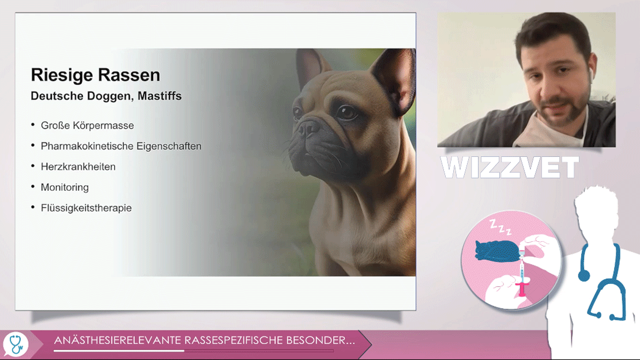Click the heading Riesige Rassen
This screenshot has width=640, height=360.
[x=96, y=75]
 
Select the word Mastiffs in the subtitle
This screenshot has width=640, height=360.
[x=160, y=96]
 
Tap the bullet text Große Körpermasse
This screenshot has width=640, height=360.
[x=87, y=125]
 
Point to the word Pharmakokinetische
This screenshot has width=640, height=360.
[x=87, y=147]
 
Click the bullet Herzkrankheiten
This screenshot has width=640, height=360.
[x=78, y=167]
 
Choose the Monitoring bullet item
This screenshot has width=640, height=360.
[x=65, y=187]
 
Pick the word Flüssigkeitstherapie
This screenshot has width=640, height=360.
[x=86, y=208]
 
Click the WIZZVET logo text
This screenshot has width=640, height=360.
[x=510, y=167]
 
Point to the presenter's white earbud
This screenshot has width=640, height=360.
[x=590, y=76]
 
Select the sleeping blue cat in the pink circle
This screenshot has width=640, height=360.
[x=497, y=250]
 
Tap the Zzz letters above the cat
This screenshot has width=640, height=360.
[x=500, y=227]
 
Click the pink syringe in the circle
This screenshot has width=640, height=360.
[x=522, y=278]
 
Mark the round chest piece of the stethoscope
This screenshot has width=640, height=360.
[x=584, y=276]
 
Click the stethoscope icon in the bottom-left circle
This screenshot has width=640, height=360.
[x=16, y=344]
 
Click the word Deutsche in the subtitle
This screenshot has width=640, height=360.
[x=54, y=96]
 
